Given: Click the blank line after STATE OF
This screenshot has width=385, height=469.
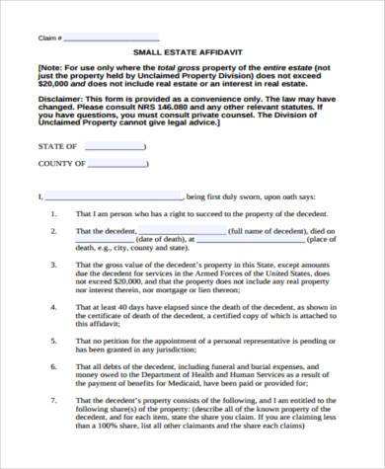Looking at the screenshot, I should click(115, 147).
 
